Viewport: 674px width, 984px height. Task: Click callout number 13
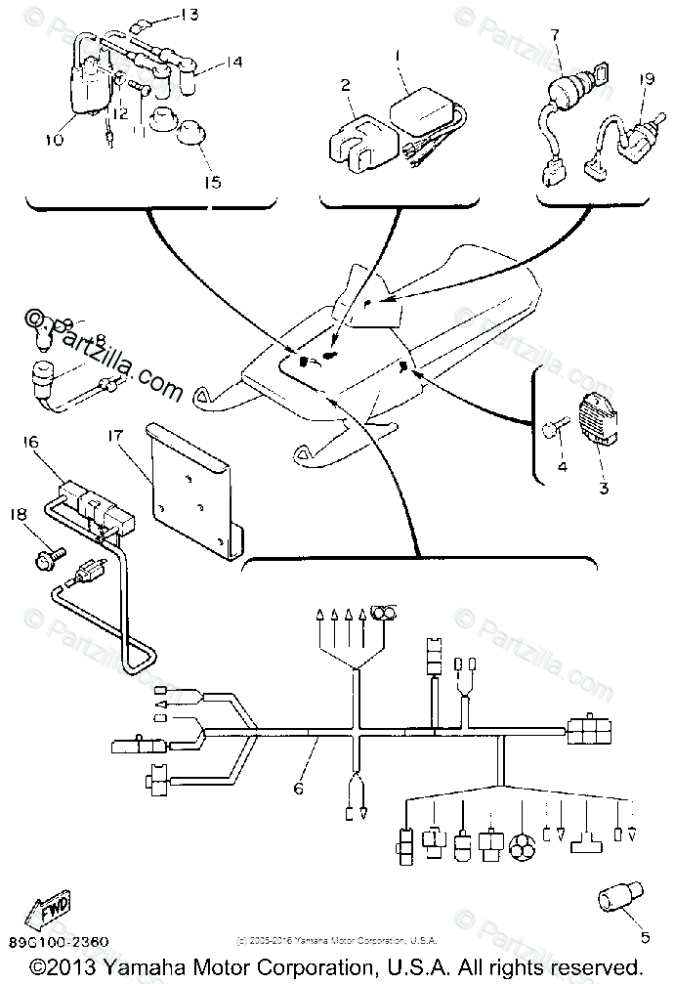189,15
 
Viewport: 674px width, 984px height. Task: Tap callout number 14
231,63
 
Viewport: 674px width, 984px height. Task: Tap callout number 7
554,35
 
